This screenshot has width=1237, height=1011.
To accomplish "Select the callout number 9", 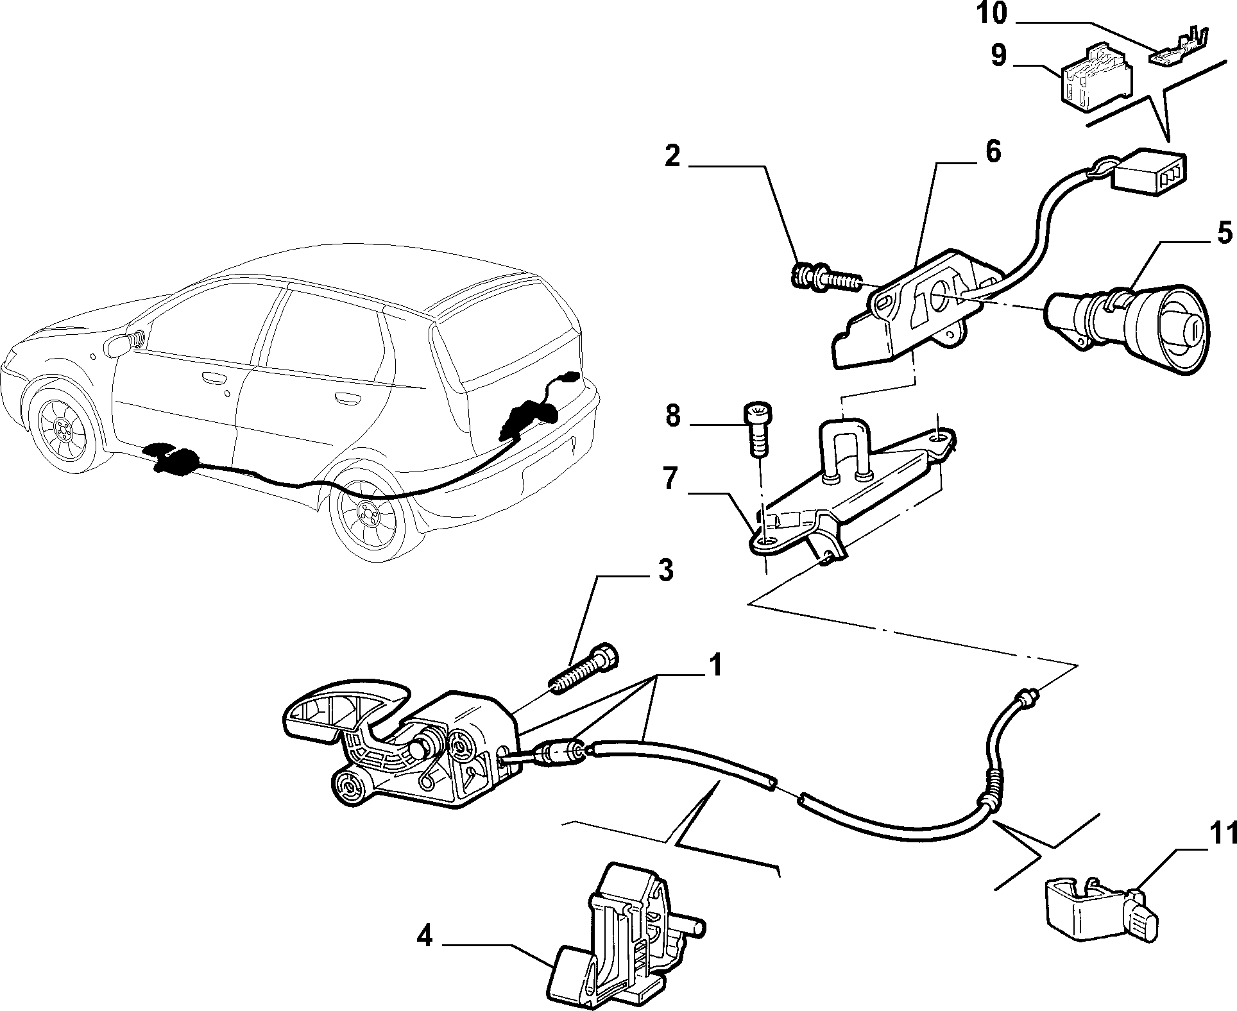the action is click(999, 55).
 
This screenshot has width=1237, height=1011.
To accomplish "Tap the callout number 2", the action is click(672, 156).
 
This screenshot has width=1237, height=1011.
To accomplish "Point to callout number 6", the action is click(992, 152).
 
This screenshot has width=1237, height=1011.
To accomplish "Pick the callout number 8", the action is click(672, 416).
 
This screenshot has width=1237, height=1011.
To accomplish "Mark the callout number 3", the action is click(665, 570).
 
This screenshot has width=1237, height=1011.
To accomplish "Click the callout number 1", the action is click(715, 665).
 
